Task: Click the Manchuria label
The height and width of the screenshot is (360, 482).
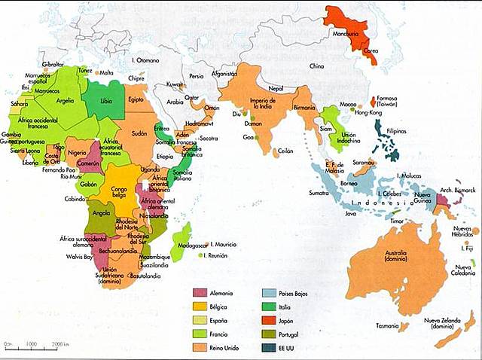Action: pos(343,35)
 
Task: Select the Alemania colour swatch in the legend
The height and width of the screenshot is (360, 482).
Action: pos(201,293)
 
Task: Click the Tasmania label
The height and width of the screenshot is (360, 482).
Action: pos(388,325)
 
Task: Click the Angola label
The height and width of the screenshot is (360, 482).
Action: pos(102,213)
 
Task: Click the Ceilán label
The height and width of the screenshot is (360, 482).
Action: pos(285,151)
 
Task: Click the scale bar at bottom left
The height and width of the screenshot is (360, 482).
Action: pos(35,345)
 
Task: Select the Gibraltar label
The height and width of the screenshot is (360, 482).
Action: pos(53,65)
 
